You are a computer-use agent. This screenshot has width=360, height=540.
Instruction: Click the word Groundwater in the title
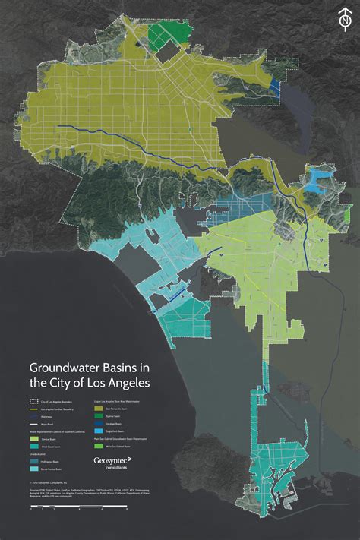[68, 366]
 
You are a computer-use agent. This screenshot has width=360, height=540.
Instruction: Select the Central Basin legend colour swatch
[33, 439]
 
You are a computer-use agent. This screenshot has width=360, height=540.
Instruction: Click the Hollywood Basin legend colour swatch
[33, 462]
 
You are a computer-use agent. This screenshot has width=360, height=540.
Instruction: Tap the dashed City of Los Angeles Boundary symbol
[33, 401]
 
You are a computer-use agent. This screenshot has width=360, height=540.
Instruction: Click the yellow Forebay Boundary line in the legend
[33, 409]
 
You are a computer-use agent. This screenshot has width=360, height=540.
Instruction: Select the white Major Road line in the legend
[33, 424]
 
